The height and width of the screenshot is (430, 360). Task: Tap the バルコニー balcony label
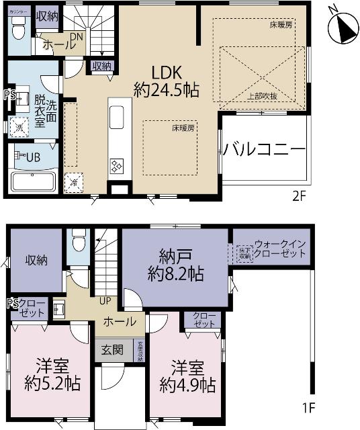(264, 148)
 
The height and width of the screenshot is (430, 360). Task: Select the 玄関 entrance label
(112, 349)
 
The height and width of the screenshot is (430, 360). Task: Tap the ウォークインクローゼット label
(279, 249)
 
